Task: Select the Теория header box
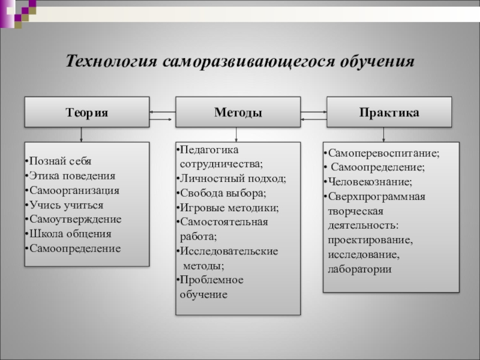(86, 112)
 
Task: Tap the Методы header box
(238, 112)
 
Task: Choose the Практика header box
(389, 112)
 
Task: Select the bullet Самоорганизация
(74, 190)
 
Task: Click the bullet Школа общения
(70, 233)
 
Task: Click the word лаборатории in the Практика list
(359, 269)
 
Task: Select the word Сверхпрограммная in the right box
(377, 196)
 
